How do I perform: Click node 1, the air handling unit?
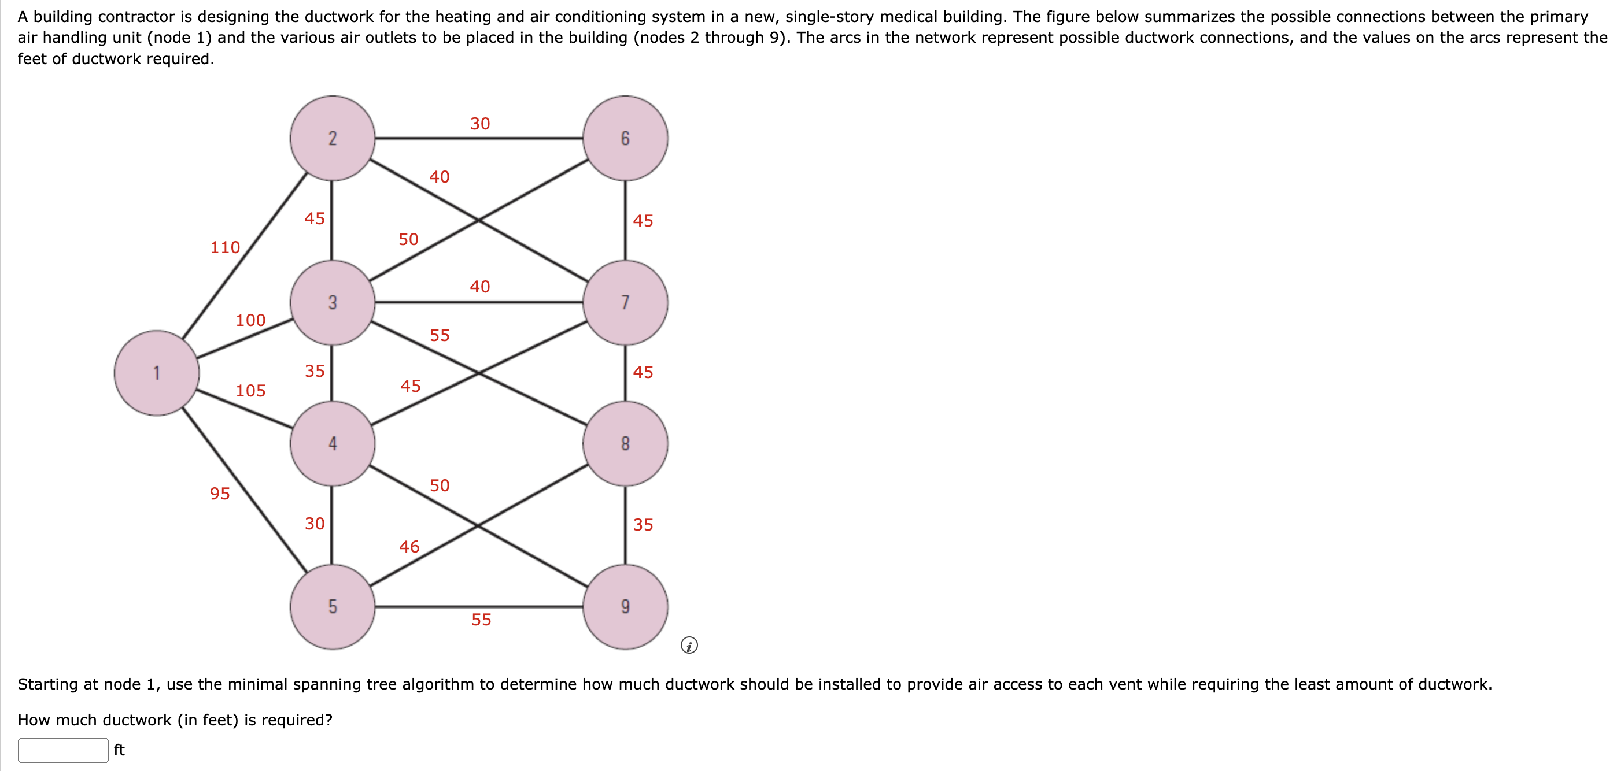[157, 373]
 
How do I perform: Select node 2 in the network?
[333, 138]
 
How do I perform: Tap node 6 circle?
[625, 138]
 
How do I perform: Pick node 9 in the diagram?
[625, 607]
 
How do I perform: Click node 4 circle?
[333, 443]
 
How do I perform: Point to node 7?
[625, 302]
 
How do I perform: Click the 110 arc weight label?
[226, 247]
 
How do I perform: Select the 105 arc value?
[250, 391]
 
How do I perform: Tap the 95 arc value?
[220, 494]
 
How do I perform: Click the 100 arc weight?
[250, 320]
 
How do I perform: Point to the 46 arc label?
[409, 546]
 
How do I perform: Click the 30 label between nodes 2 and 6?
[480, 124]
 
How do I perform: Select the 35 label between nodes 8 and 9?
[643, 524]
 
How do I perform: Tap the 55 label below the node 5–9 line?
[482, 620]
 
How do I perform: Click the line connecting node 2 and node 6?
[479, 138]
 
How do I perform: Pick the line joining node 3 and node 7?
[479, 302]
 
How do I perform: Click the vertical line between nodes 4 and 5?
[331, 525]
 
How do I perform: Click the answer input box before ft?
[64, 750]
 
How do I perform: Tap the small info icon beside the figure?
[689, 645]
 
